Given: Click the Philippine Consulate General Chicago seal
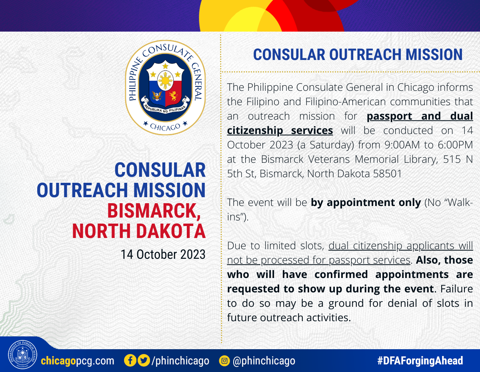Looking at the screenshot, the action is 165,88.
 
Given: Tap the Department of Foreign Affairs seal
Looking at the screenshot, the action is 22,354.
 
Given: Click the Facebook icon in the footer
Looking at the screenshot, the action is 130,360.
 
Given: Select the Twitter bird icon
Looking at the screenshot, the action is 144,360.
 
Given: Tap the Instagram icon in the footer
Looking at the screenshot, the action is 224,361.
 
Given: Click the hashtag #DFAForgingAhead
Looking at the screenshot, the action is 420,360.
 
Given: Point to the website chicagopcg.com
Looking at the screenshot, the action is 78,361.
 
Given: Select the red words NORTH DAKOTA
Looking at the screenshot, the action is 139,231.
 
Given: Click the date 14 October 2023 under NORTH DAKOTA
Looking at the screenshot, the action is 163,254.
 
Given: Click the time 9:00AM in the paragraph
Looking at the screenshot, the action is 402,145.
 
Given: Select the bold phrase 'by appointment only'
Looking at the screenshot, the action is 366,203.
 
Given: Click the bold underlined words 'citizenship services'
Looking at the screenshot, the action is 280,130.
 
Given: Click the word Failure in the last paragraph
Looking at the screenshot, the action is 457,289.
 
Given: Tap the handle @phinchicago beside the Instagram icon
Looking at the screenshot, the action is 264,361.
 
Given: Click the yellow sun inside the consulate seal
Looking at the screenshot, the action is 165,81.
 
